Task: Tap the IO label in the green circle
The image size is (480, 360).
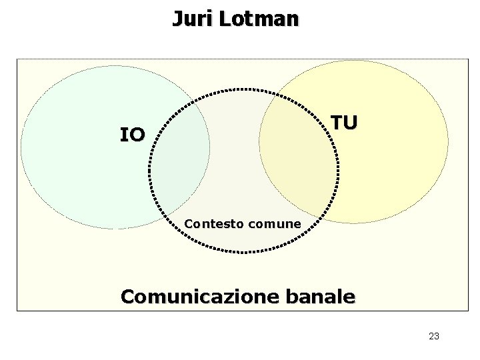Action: tap(132, 135)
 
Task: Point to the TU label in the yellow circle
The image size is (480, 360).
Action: tap(345, 123)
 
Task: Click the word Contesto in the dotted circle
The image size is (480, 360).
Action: tap(214, 224)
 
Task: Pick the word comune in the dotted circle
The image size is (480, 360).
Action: tap(274, 224)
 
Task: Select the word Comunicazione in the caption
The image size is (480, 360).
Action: tap(197, 297)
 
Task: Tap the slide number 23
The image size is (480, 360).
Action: tap(434, 336)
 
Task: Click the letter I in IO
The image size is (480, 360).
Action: tap(123, 135)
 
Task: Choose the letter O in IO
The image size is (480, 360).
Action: tap(137, 135)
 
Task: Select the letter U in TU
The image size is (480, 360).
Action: tap(351, 123)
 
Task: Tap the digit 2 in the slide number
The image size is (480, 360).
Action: tap(431, 336)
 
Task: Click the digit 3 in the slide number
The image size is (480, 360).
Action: tap(437, 336)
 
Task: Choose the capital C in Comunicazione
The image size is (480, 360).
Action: tap(129, 297)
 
